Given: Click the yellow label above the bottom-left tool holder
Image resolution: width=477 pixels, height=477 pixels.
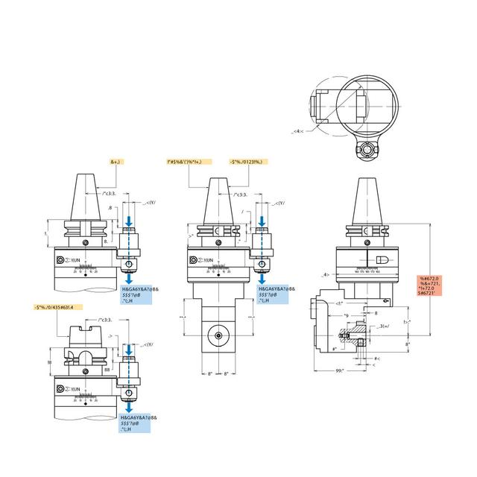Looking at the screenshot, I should point(58,307).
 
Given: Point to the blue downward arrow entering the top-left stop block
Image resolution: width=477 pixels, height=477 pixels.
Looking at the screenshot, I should point(130,222).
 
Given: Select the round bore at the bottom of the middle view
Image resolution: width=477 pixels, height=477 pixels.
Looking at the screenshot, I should point(218,335).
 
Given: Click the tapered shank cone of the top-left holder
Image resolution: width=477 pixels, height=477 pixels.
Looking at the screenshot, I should point(86,195).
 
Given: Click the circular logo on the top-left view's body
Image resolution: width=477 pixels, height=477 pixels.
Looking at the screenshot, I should point(60,260).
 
